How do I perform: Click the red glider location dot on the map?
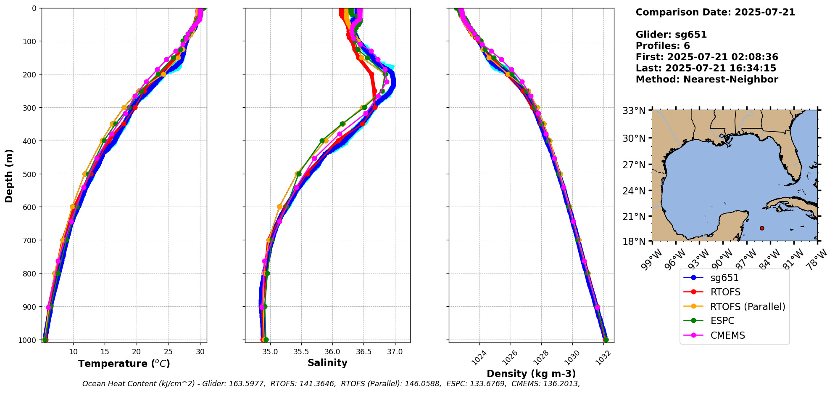[762, 228]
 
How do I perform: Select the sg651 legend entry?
[724, 278]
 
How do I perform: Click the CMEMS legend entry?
[727, 335]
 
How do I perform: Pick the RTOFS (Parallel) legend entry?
[747, 307]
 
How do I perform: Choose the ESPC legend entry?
[722, 321]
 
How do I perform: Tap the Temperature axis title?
[124, 364]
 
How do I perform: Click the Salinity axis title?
[327, 363]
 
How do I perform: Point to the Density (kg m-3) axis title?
[531, 374]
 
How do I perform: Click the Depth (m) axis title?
[9, 175]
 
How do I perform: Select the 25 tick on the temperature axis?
[168, 352]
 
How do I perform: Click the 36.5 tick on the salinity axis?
[363, 352]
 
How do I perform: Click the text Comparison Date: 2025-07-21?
[715, 12]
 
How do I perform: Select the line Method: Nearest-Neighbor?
[707, 79]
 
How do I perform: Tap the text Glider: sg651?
[671, 35]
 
